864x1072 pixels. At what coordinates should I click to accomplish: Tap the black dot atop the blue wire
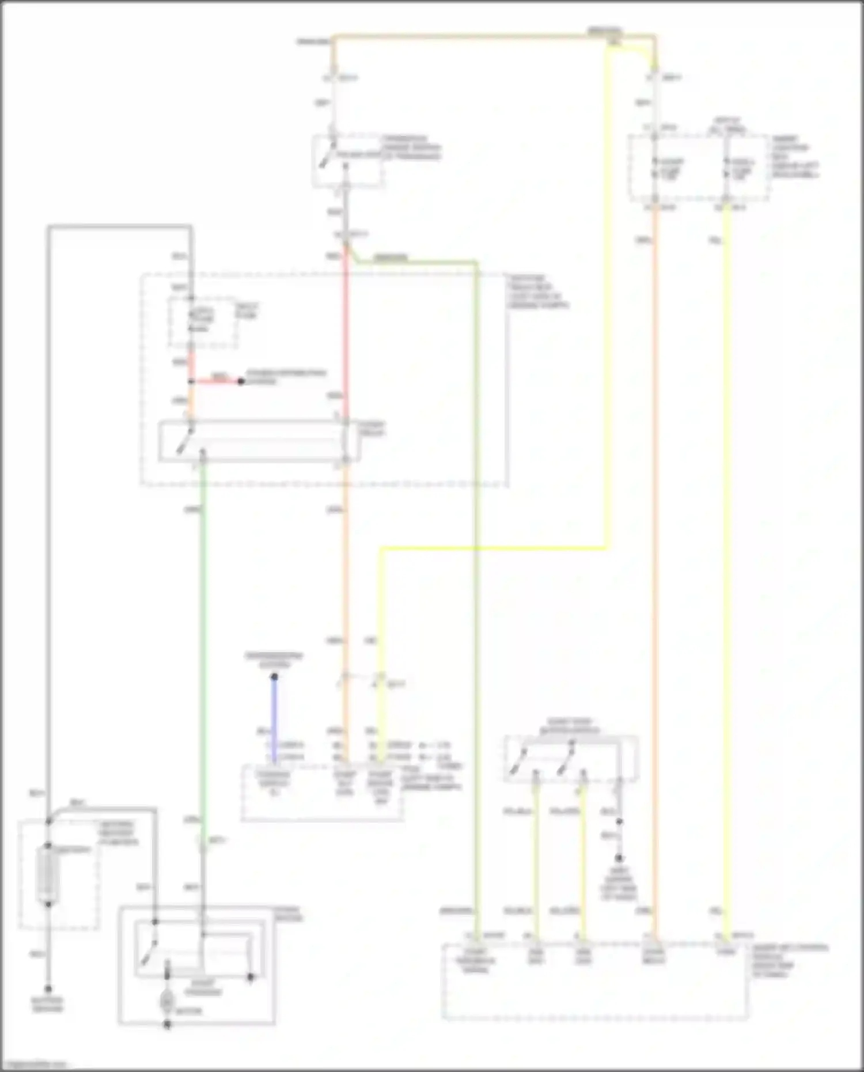274,677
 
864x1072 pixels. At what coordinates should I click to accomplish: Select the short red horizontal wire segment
216,381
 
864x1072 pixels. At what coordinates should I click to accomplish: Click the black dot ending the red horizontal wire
241,381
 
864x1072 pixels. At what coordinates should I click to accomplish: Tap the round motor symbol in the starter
167,1001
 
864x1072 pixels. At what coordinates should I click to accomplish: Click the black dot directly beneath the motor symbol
167,1025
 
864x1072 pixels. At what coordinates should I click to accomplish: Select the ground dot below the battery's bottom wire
48,988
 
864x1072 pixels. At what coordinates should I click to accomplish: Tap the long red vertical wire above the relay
346,334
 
